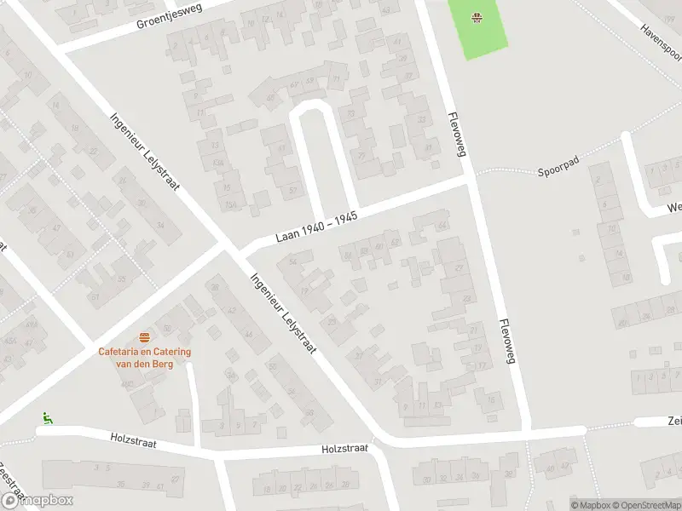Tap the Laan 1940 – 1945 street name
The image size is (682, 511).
(x=316, y=228)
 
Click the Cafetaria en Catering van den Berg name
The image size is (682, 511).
(x=144, y=358)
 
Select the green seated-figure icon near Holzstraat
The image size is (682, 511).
(x=47, y=418)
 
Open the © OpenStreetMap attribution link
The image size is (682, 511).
(x=645, y=505)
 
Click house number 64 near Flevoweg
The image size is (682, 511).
(x=442, y=226)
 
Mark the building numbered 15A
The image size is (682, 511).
(x=228, y=206)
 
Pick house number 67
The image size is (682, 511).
(x=294, y=84)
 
